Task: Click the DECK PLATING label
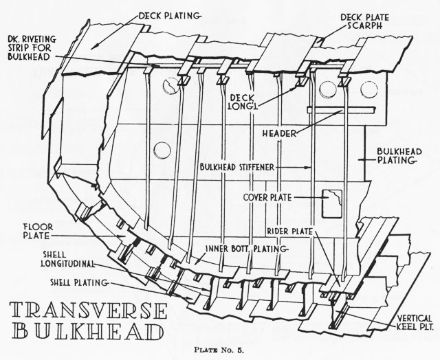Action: click(169, 16)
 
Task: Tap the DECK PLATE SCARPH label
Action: click(365, 21)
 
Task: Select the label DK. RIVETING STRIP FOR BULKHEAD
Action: click(32, 47)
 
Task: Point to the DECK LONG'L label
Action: click(243, 102)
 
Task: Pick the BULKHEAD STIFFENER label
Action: click(236, 168)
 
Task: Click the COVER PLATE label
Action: click(267, 197)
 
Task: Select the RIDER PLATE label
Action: click(289, 232)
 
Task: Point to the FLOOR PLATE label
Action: click(34, 232)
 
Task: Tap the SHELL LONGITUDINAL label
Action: click(67, 259)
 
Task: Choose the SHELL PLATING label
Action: click(79, 282)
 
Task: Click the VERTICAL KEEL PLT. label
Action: click(415, 322)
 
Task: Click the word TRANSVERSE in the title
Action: click(89, 311)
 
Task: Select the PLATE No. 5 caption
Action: click(219, 350)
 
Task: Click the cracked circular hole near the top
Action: click(171, 85)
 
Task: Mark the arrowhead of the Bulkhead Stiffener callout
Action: click(308, 168)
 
